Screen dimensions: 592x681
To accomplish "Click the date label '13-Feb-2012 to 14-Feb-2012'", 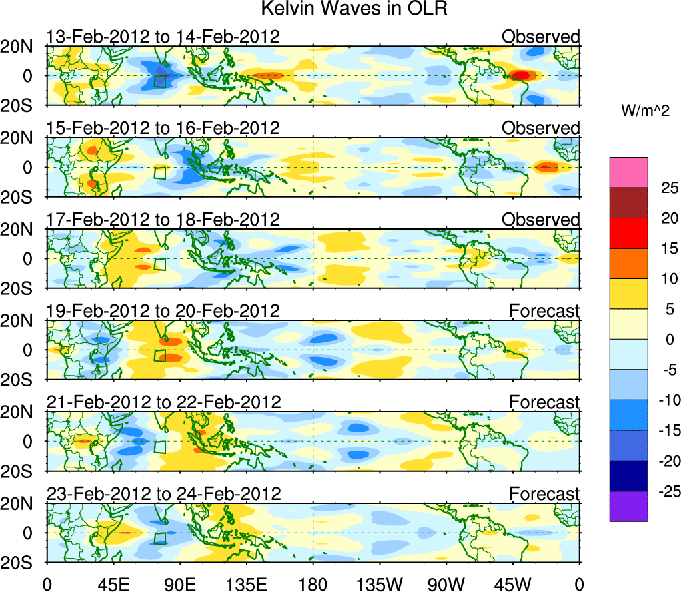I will point(162,37).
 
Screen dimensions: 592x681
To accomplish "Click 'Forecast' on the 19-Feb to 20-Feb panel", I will point(545,311).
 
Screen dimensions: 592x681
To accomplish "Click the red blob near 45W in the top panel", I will point(522,76).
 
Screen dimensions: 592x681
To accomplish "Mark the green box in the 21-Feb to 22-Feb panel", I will point(159,447).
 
